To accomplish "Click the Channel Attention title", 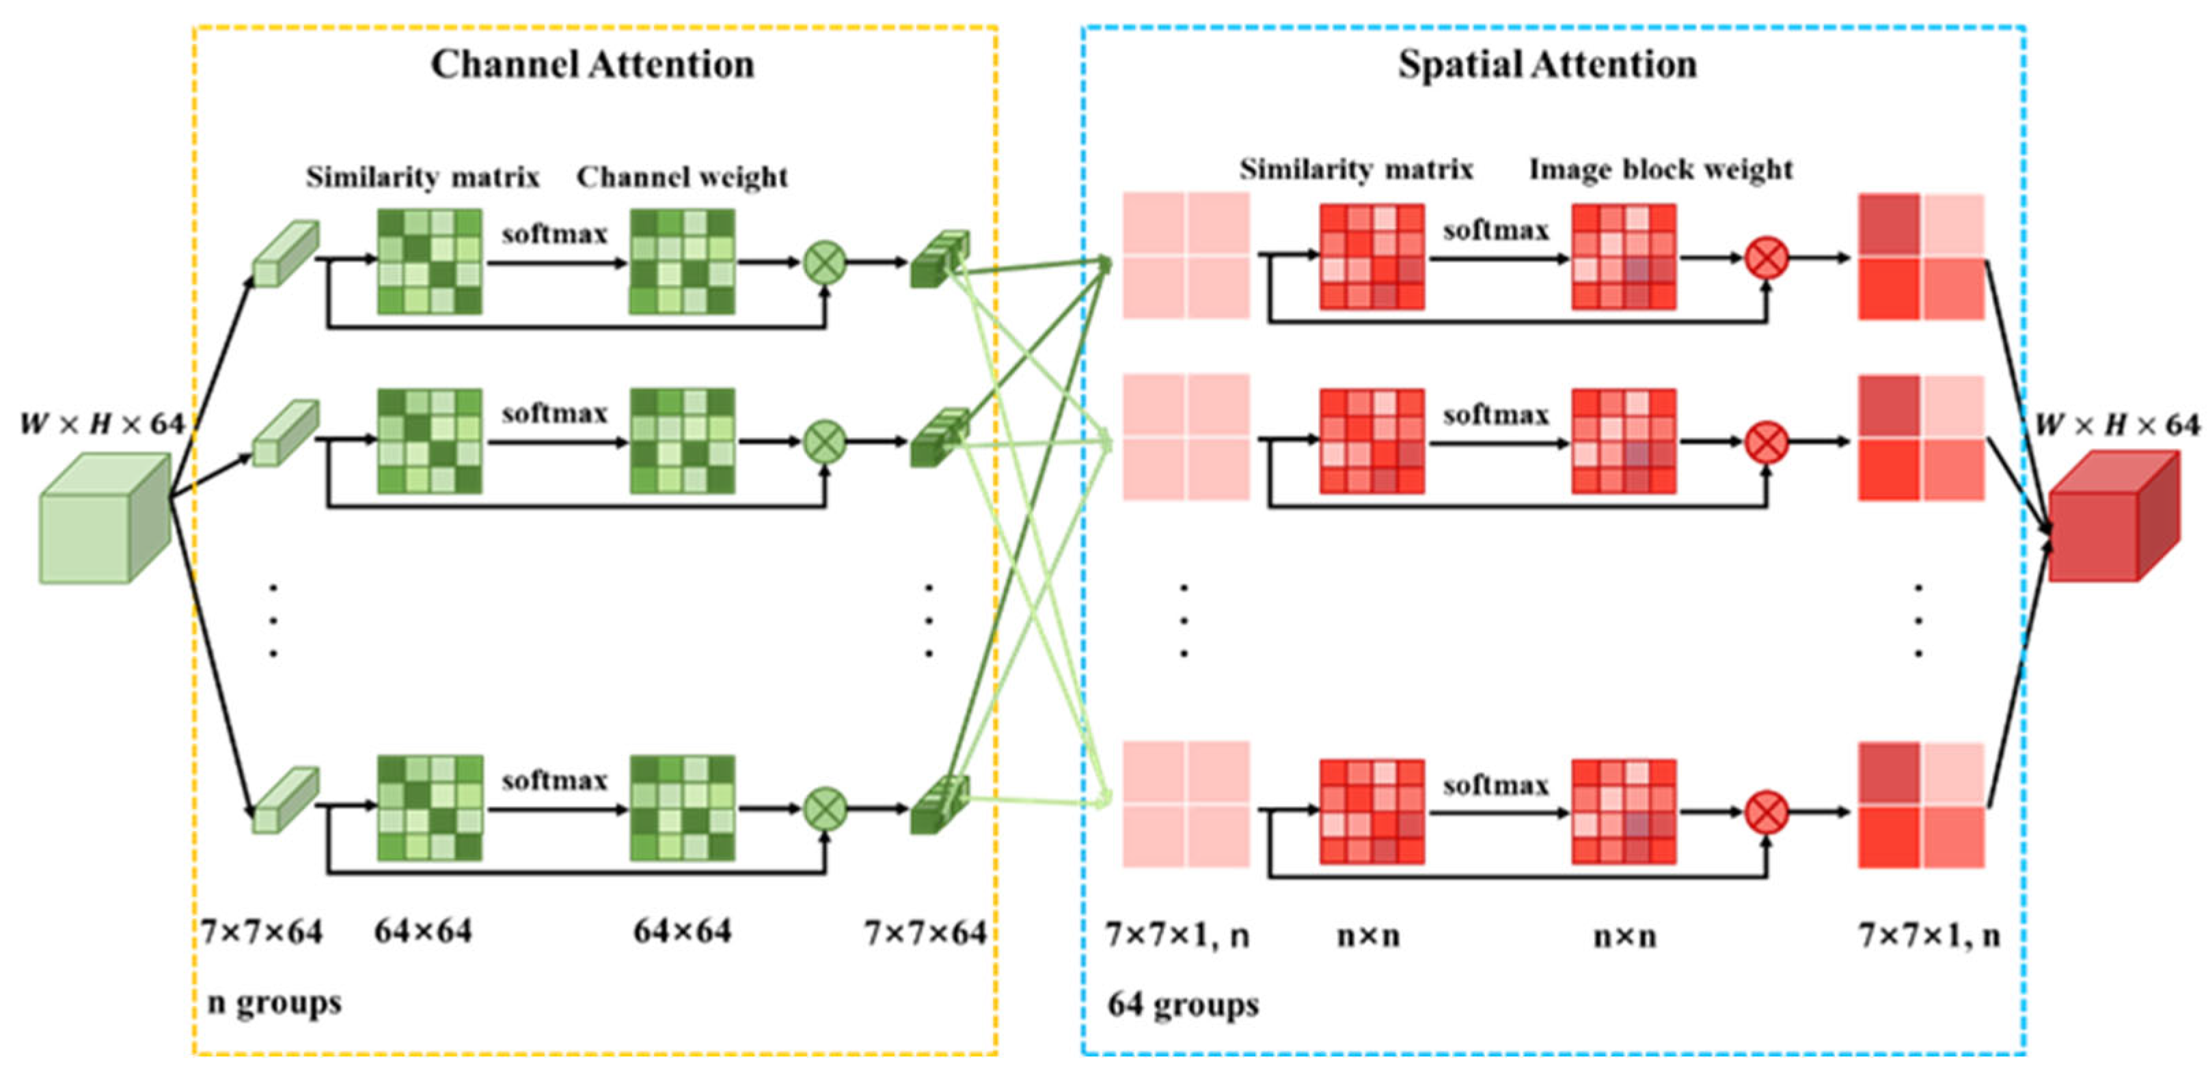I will pyautogui.click(x=592, y=64).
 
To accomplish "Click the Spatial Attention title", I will pyautogui.click(x=1547, y=64).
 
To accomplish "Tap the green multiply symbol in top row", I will pyautogui.click(x=825, y=262).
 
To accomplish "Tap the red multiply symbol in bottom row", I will pyautogui.click(x=1767, y=812).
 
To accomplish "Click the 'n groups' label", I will pyautogui.click(x=274, y=1001).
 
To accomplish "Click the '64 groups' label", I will pyautogui.click(x=1183, y=1003).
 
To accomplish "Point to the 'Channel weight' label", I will pyautogui.click(x=682, y=178).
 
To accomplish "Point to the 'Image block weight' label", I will pyautogui.click(x=1661, y=169).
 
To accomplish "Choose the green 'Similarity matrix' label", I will pyautogui.click(x=422, y=178).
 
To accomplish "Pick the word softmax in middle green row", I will pyautogui.click(x=555, y=414).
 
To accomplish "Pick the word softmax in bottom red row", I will pyautogui.click(x=1496, y=785).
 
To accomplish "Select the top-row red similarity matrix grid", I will pyautogui.click(x=1372, y=256).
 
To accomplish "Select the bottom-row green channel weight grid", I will pyautogui.click(x=682, y=808).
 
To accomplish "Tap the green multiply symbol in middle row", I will pyautogui.click(x=825, y=441).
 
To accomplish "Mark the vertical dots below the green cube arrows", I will pyautogui.click(x=273, y=620).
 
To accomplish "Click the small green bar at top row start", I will pyautogui.click(x=286, y=253).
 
